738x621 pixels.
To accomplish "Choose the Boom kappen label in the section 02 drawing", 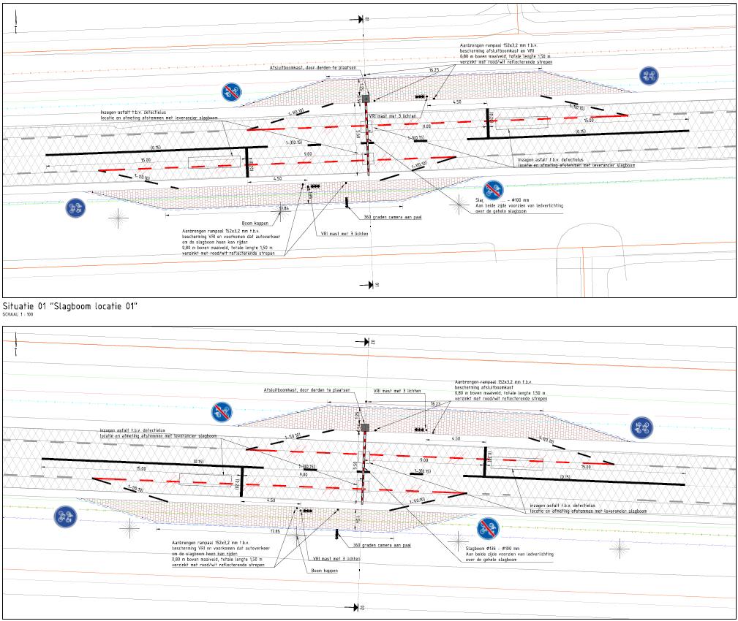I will click(324, 570).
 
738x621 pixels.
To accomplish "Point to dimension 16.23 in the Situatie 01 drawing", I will click(434, 70).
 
